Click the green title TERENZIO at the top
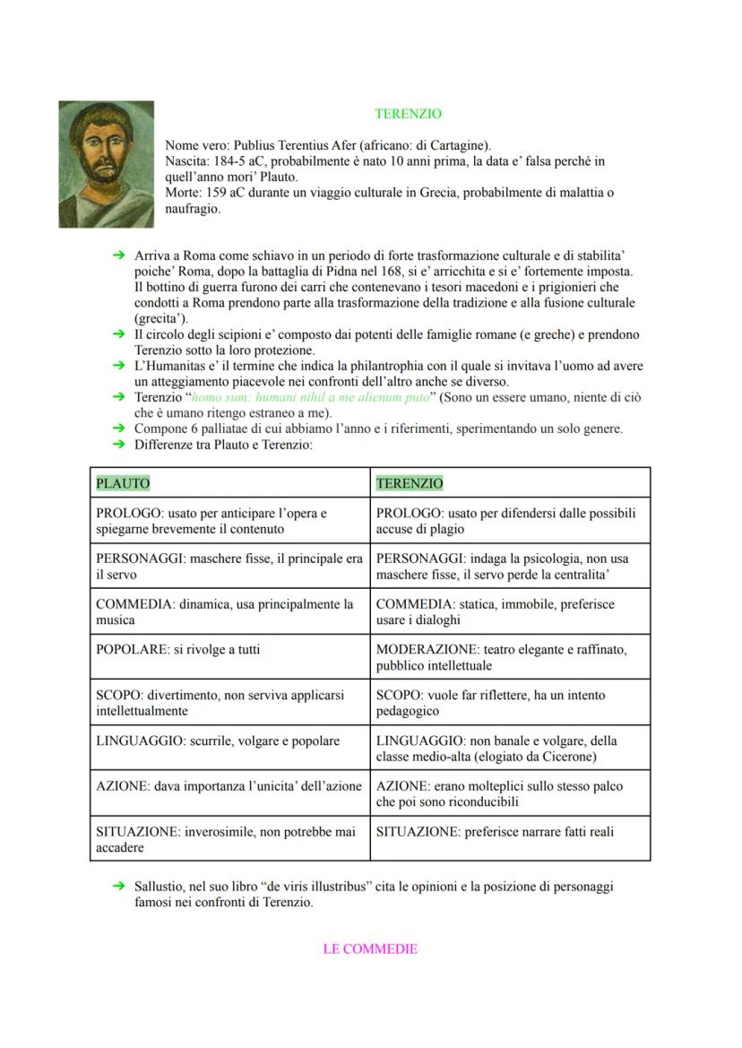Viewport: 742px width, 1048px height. pyautogui.click(x=408, y=114)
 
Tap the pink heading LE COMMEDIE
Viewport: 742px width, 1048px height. pyautogui.click(x=370, y=948)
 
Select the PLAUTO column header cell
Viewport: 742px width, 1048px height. pyautogui.click(x=123, y=483)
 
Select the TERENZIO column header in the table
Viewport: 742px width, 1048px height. pyautogui.click(x=410, y=483)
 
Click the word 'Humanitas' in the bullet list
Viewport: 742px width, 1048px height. pyautogui.click(x=175, y=366)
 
